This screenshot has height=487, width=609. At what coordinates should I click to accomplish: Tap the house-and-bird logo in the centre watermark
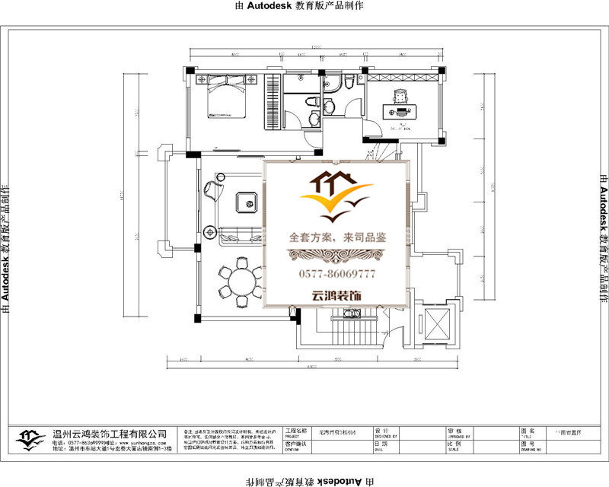pyautogui.click(x=336, y=195)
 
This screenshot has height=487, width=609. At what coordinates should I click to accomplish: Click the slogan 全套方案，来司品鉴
pyautogui.click(x=336, y=237)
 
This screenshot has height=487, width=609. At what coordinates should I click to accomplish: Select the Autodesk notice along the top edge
pyautogui.click(x=304, y=5)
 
